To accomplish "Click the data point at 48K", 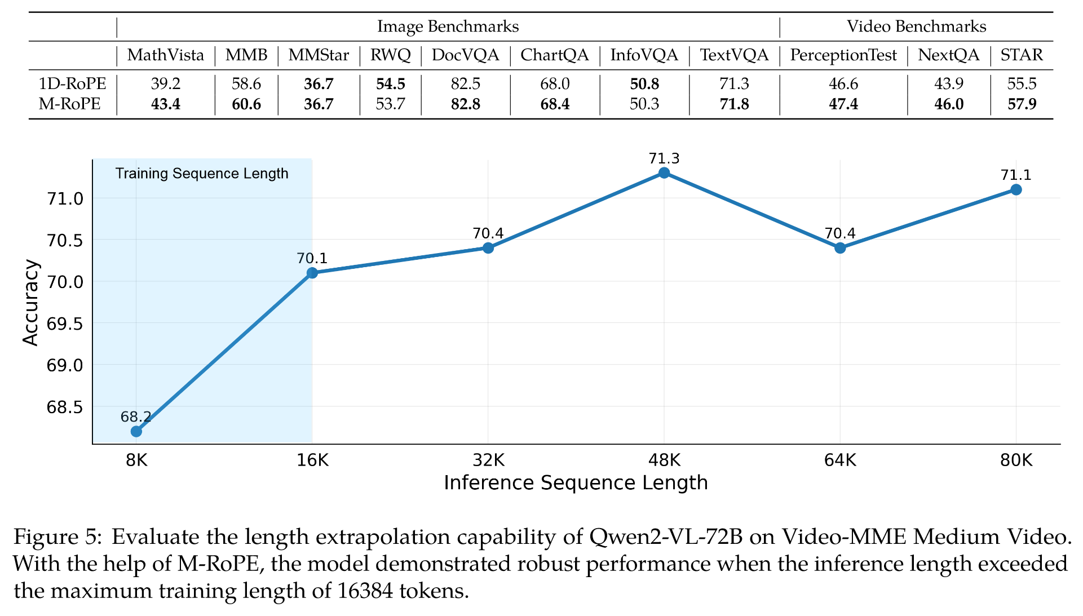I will (x=664, y=173).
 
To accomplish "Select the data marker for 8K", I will (x=136, y=431).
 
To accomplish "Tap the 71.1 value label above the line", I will (x=1015, y=175).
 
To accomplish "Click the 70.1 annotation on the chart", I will (x=312, y=259).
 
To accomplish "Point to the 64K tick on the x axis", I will (x=839, y=460).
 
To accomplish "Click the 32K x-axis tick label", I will (x=488, y=460).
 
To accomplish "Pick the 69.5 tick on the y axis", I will (x=65, y=324).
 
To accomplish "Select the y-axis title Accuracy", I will (x=30, y=303).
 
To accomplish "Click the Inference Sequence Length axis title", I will (x=576, y=483).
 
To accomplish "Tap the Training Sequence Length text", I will (x=202, y=174).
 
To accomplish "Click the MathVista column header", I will (x=166, y=55).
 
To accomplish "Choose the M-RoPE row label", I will (x=70, y=104).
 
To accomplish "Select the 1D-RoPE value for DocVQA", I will (x=465, y=84).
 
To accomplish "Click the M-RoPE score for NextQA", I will (x=948, y=104).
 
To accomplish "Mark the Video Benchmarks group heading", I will (x=916, y=26).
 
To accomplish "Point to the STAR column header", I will (x=1021, y=55).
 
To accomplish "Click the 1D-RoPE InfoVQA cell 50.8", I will (x=644, y=84).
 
